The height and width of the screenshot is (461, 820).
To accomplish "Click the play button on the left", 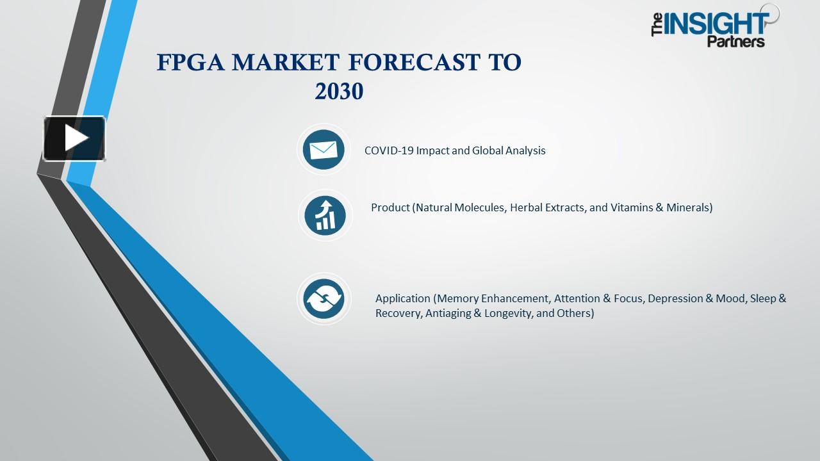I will point(74,138).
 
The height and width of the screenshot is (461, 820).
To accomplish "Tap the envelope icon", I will point(324,150).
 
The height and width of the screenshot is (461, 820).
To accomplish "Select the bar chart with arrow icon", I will point(325,214).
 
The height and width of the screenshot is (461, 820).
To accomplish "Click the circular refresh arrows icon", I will point(324,298).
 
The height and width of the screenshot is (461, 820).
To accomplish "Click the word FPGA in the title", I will point(190,63).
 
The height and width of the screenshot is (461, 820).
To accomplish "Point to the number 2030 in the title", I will point(339,92).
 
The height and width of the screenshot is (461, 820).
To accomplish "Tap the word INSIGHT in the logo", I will point(716,24).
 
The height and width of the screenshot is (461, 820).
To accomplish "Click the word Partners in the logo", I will point(735,42).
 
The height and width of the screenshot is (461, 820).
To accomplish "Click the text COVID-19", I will point(389,150).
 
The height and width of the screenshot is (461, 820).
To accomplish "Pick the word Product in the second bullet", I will point(390,207).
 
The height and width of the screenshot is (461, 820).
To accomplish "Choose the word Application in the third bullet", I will point(402,298).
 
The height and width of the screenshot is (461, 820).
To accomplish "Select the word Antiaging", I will point(448,314).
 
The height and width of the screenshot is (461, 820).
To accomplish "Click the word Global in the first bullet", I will point(488,150).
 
